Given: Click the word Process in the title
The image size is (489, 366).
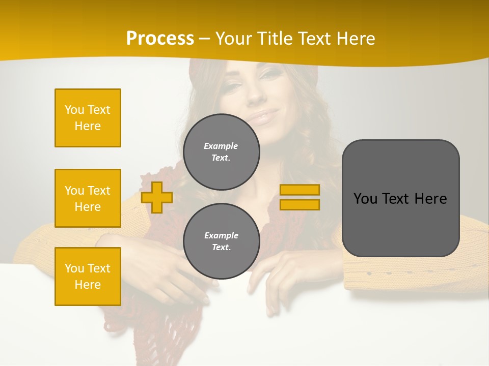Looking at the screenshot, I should [x=160, y=39].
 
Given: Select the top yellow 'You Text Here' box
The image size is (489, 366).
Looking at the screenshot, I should [x=88, y=118].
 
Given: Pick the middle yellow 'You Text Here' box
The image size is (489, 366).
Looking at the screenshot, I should [x=88, y=198].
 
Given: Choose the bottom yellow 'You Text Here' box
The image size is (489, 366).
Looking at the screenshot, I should [x=88, y=277].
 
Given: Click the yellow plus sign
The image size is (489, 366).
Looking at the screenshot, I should [x=157, y=197].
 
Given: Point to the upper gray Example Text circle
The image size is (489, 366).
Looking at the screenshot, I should [x=222, y=152].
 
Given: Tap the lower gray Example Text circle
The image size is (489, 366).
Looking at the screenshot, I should [x=222, y=241].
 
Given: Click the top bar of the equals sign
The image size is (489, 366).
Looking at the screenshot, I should [x=300, y=190].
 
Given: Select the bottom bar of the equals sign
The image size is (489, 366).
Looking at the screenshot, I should [x=300, y=204].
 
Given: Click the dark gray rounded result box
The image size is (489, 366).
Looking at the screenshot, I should [x=400, y=198].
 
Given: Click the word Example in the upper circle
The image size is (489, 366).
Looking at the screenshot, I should [x=221, y=146].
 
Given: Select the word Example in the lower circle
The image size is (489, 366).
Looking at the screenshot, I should [x=221, y=235].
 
